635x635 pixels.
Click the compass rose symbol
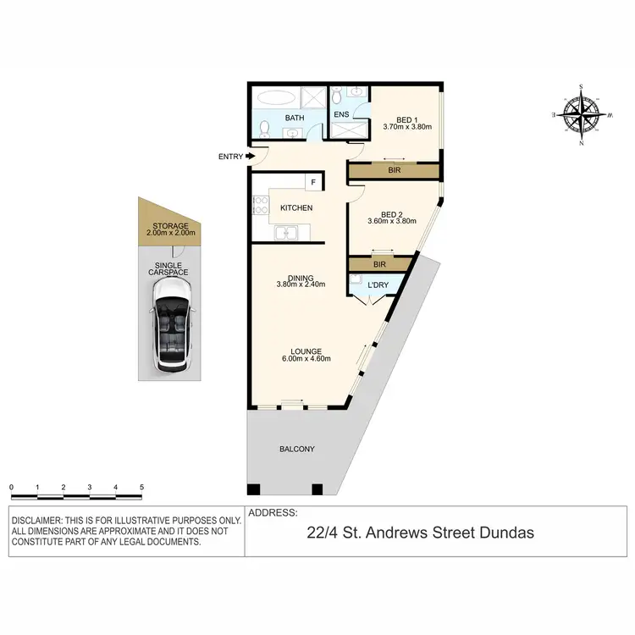click(581, 114)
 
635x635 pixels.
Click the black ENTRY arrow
click(250, 156)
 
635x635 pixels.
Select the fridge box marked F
click(312, 182)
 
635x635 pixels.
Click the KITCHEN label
click(296, 207)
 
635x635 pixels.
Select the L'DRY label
click(377, 285)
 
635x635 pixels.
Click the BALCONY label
click(296, 449)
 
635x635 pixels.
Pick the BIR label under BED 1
click(394, 171)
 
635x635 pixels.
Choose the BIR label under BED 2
click(380, 264)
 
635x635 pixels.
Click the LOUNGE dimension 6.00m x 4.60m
click(307, 358)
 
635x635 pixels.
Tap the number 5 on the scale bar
click(141, 488)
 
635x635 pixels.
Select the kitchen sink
click(286, 233)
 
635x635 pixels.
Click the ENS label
click(340, 114)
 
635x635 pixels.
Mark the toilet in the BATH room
click(264, 129)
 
